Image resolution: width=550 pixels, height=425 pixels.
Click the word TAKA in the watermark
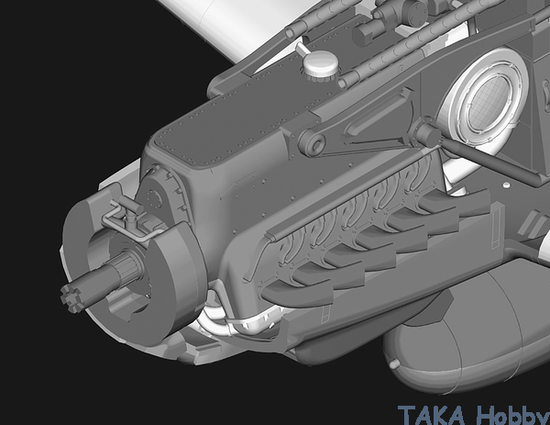click(x=432, y=415)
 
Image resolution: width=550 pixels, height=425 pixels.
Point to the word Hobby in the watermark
click(x=512, y=416)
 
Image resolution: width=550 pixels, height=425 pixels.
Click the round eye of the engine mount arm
click(x=313, y=143)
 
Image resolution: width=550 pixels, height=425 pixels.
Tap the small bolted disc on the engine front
click(x=155, y=199)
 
